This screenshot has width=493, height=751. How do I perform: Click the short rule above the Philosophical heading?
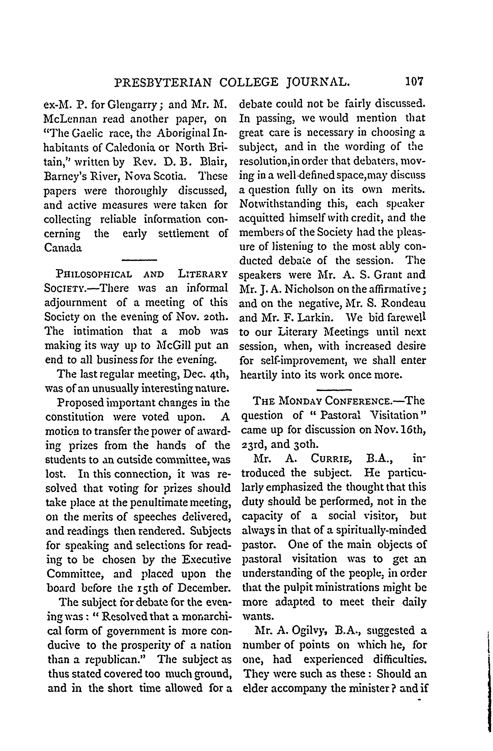[x=139, y=260]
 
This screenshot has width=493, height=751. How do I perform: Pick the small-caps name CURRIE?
[x=331, y=458]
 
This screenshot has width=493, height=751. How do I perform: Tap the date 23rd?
[x=252, y=444]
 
